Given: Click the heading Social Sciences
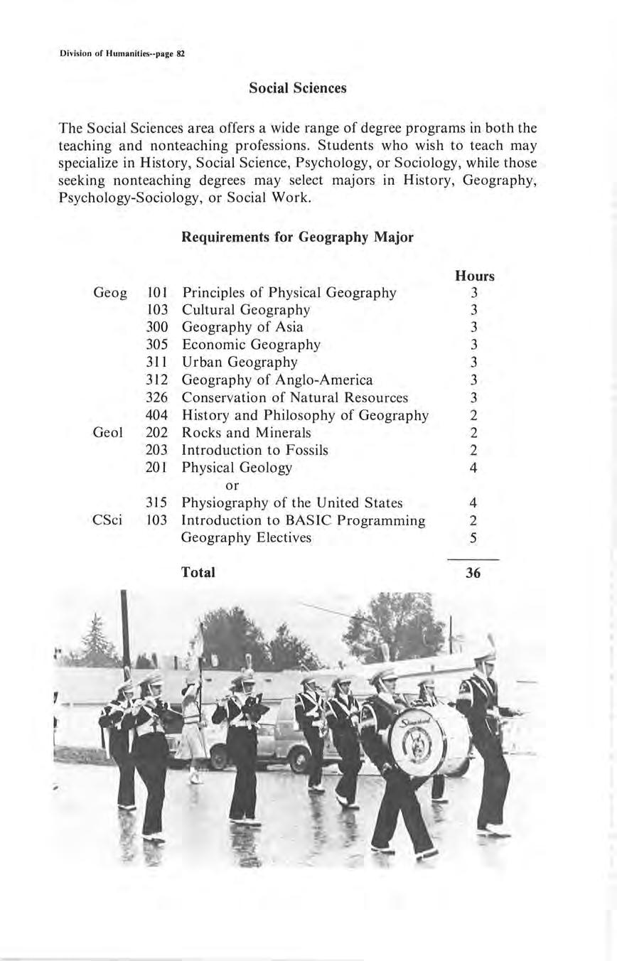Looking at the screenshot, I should coord(298,88).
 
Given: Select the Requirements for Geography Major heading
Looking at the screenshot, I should coord(297,237).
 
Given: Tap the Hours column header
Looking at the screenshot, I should coord(474,276).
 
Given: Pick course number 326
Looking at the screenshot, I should coord(156,397).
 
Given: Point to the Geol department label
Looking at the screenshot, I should coord(108,433).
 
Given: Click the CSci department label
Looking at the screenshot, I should coord(108,520).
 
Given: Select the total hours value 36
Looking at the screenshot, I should coord(473,573).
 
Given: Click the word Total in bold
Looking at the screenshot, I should coord(198,572).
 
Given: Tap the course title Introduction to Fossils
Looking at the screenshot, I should coord(255,450).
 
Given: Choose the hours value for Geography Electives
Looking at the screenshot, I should coord(473,538).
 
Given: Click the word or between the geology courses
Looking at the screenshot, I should coord(232,485).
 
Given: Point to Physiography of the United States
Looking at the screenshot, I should coord(292,503).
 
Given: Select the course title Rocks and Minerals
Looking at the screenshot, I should coord(247,433).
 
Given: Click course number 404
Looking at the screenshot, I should coord(156,415).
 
